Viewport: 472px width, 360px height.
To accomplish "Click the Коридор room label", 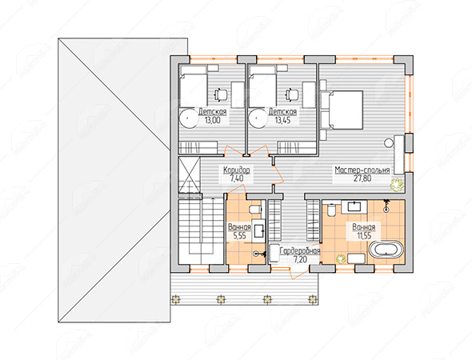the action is pyautogui.click(x=236, y=170).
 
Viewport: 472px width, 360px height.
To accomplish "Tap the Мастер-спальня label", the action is pyautogui.click(x=362, y=170).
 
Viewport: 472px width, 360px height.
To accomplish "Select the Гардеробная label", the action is pyautogui.click(x=300, y=251).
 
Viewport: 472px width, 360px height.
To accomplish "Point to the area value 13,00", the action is pyautogui.click(x=213, y=121).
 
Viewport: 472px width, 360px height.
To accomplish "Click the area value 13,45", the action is pyautogui.click(x=282, y=121).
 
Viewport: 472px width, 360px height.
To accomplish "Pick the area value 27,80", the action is pyautogui.click(x=362, y=178).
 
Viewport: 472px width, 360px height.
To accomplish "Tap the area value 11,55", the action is pyautogui.click(x=364, y=236).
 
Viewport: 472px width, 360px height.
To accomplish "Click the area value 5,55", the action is pyautogui.click(x=240, y=236).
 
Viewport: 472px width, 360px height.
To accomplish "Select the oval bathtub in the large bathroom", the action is pyautogui.click(x=386, y=250).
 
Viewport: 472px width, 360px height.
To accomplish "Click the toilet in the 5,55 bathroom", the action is pyautogui.click(x=255, y=209).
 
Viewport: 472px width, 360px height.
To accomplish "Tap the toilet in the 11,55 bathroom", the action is pyautogui.click(x=331, y=210).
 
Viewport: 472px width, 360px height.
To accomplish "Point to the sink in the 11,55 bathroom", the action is pyautogui.click(x=354, y=206).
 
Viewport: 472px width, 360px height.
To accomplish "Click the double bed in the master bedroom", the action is pyautogui.click(x=346, y=110).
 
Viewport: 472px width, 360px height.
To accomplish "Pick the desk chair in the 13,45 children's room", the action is pyautogui.click(x=291, y=94).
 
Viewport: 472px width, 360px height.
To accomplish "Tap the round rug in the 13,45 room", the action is pyautogui.click(x=258, y=118).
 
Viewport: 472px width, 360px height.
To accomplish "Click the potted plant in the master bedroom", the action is pyautogui.click(x=397, y=184).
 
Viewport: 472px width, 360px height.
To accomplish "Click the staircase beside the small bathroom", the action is pyautogui.click(x=201, y=231).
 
